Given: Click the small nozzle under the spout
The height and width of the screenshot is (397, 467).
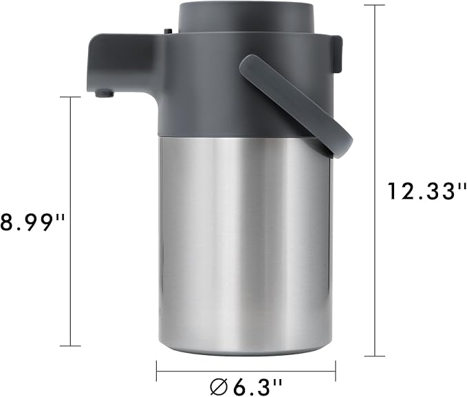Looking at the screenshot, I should click(x=102, y=92).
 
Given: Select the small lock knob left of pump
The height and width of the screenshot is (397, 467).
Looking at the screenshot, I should click(x=166, y=30).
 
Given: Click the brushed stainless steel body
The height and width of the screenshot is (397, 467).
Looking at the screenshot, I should click(x=244, y=241).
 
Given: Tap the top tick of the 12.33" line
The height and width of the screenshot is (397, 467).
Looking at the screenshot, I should click(x=374, y=5).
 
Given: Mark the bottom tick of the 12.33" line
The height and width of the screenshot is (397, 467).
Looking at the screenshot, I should click(x=374, y=356).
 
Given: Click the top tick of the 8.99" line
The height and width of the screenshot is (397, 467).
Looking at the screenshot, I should click(x=71, y=97).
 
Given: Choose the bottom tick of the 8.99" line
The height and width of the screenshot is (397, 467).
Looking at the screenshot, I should click(x=71, y=346).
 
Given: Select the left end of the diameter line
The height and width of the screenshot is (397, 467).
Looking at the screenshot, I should click(x=157, y=371).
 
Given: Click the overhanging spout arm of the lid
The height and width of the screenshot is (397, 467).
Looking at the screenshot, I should click(x=120, y=62).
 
